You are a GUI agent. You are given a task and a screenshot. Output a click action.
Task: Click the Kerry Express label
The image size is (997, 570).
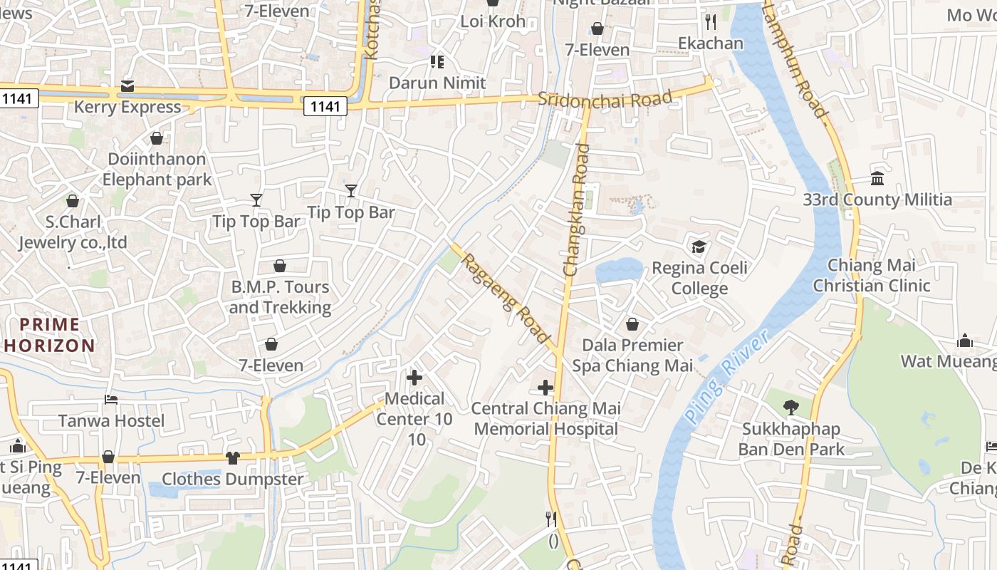coord(127,107)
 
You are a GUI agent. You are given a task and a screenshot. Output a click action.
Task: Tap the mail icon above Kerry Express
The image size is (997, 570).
coord(127,86)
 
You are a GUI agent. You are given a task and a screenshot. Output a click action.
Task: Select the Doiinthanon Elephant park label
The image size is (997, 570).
coord(157,169)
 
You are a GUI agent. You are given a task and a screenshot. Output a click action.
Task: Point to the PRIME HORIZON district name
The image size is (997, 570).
coord(49,335)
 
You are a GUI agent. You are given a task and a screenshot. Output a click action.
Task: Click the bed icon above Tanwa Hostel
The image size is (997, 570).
coord(111,399)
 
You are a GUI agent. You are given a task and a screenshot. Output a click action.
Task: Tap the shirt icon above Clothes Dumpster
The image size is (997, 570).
coord(233,457)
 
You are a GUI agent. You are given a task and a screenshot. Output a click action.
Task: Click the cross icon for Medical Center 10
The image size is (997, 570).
coord(414,377)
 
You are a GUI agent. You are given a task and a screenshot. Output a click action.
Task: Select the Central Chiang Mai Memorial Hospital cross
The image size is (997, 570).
coord(546,388)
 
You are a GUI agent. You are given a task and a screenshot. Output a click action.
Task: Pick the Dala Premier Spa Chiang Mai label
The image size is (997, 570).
coord(632,355)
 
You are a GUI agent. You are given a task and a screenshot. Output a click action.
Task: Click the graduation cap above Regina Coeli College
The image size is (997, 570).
coord(699,247)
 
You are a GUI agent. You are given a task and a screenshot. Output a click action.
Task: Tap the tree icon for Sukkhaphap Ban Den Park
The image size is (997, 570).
coord(790,408)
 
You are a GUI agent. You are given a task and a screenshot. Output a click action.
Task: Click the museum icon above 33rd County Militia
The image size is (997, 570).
coord(877,178)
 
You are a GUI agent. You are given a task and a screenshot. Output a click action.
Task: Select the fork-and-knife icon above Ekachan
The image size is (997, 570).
coord(710,21)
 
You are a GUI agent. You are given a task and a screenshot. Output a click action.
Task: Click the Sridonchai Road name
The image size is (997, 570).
coord(605,98)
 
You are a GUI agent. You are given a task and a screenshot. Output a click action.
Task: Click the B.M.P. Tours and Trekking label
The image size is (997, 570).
coord(280,297)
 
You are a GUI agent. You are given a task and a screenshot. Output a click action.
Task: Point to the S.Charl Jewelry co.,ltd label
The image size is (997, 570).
coord(73,232)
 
